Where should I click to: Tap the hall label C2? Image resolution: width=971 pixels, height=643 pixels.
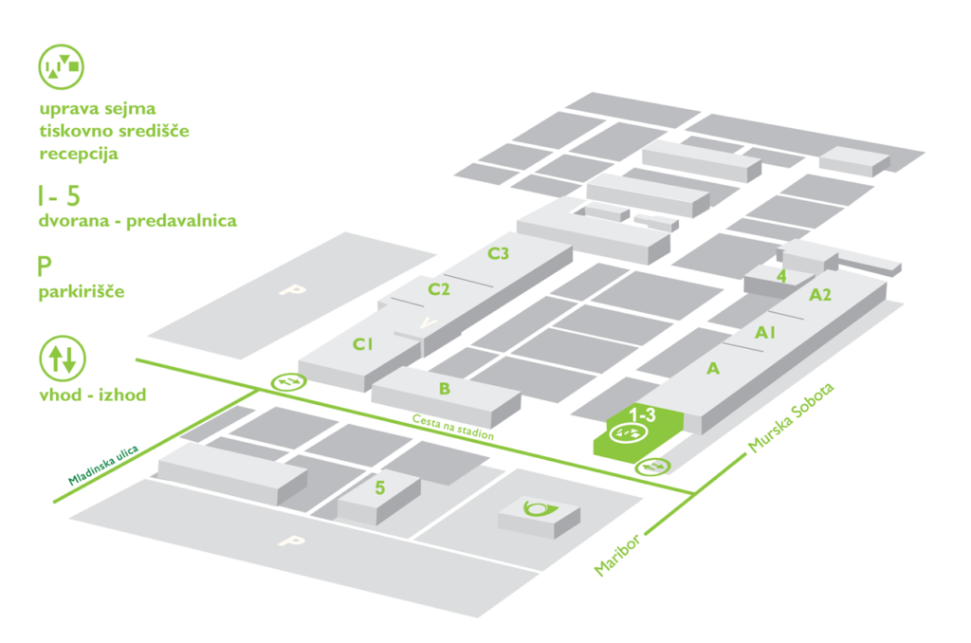pos(438,288)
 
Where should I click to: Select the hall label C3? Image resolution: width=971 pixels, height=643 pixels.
pos(498,253)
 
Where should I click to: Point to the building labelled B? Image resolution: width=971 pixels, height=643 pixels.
pos(444,388)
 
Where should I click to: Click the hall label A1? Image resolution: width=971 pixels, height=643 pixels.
pos(765,333)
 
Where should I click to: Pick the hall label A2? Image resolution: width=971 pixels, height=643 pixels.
pos(820,295)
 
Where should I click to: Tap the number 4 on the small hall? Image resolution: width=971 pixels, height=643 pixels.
pos(780,276)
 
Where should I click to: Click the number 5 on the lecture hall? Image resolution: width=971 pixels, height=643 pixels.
pos(379,488)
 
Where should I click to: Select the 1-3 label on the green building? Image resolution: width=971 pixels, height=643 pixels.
pos(643,414)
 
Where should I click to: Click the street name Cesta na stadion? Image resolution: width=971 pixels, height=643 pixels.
pos(453,427)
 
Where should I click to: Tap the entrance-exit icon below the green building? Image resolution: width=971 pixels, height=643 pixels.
pos(652,466)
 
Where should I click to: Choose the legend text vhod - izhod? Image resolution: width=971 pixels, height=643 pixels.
pos(93,395)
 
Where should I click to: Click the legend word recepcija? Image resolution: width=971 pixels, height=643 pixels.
pos(79,154)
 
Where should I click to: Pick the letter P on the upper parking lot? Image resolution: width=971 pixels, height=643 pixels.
pos(287,289)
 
